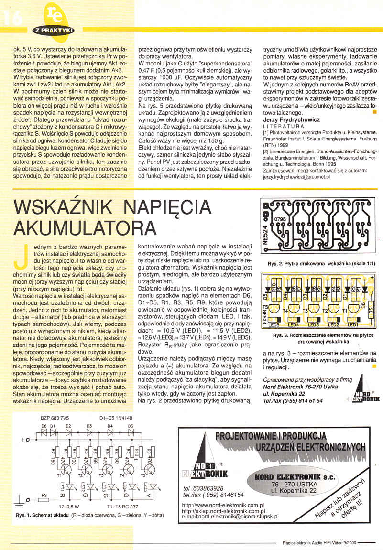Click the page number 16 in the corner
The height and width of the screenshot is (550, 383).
[11, 18]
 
